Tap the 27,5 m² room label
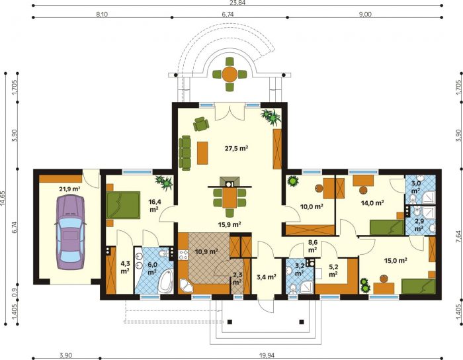pos(236,148)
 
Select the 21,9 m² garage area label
pos(70,189)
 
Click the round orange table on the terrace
pos(230,74)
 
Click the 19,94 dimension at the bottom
pos(268,355)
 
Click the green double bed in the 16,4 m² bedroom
pos(123,205)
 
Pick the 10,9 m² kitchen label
pos(206,251)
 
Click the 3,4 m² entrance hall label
pos(267,277)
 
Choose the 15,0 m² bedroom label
pos(396,261)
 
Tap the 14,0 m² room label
pos(372,203)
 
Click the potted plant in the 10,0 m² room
pos(292,181)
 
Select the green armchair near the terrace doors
pos(201,124)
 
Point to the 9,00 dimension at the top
pos(365,14)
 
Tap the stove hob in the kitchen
pos(183,255)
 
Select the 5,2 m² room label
pos(333,271)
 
